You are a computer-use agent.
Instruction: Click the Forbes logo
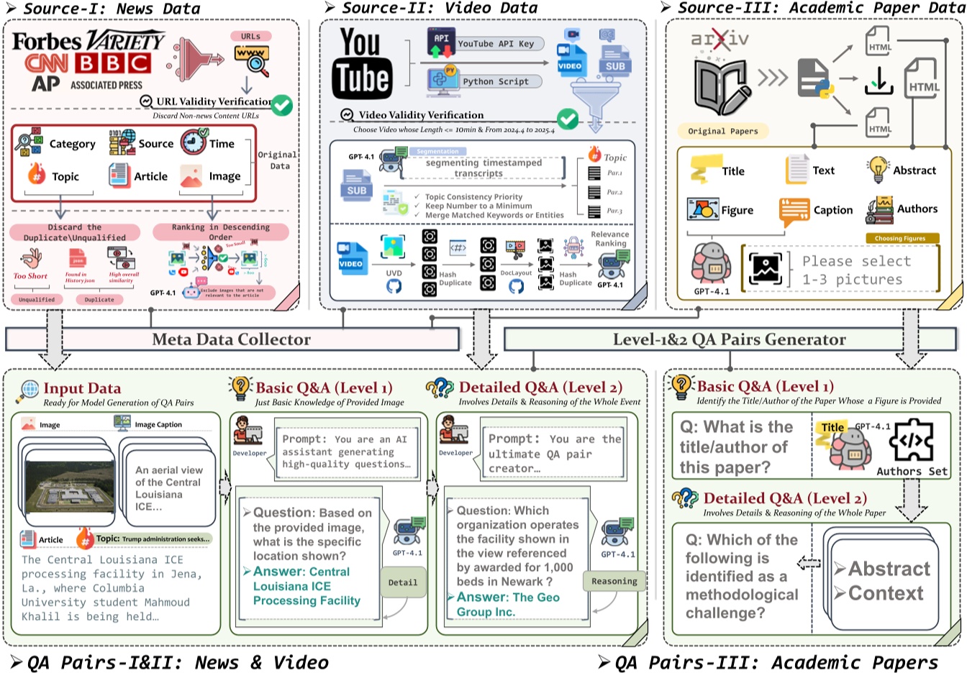point(47,41)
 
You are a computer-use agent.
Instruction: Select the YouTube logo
point(362,63)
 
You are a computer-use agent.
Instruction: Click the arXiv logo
point(719,39)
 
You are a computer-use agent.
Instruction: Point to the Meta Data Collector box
point(232,339)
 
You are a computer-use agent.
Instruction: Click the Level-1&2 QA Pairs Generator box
point(729,339)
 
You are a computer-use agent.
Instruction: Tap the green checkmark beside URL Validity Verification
point(281,105)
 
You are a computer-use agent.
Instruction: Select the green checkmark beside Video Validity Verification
point(568,119)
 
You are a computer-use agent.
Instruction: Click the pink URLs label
point(251,36)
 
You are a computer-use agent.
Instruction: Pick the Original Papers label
point(722,131)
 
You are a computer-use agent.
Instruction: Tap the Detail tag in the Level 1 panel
point(402,582)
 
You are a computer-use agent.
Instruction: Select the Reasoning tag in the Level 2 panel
point(614,581)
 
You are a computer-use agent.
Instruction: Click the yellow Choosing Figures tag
point(900,238)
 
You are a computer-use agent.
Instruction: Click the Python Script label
point(495,82)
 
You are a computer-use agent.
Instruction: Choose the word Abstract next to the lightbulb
point(914,170)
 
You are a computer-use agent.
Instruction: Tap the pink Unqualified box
point(37,299)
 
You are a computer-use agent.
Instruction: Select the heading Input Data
point(82,389)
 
